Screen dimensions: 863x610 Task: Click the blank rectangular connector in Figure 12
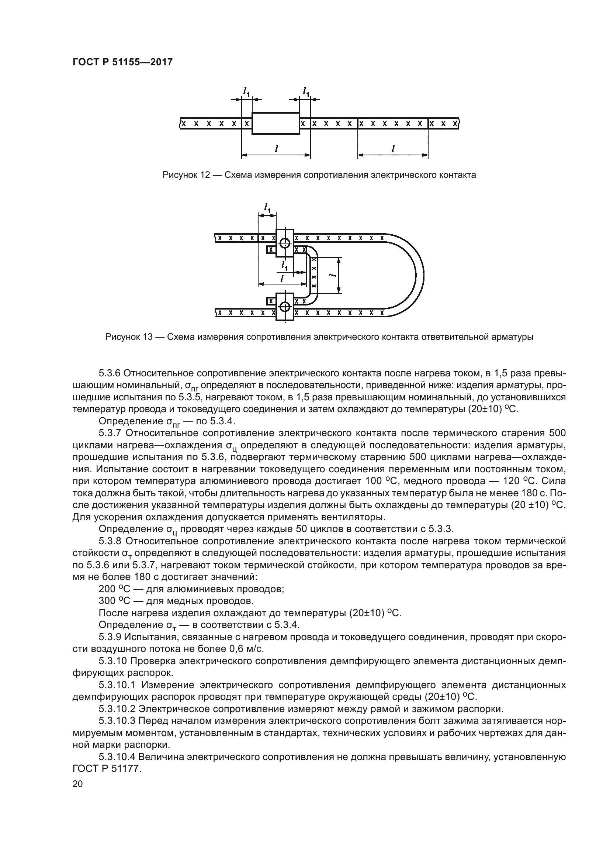tap(276, 123)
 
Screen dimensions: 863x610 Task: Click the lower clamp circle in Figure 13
tap(285, 307)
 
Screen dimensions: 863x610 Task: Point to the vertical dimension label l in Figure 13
tap(332, 275)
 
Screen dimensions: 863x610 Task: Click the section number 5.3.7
tap(110, 433)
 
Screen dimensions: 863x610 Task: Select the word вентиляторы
tap(347, 517)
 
